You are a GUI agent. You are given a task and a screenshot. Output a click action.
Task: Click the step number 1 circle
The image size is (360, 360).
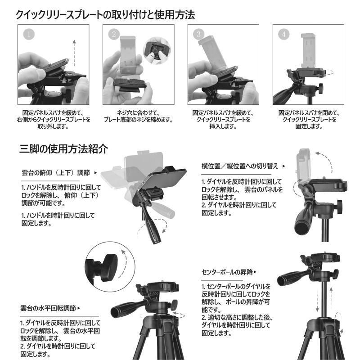(x=29, y=34)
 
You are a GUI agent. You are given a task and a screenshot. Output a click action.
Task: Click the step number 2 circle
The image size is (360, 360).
(x=114, y=34)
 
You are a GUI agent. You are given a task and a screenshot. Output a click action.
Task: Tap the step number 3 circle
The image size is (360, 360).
(x=199, y=34)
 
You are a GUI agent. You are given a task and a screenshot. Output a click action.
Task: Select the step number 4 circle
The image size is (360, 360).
(x=284, y=34)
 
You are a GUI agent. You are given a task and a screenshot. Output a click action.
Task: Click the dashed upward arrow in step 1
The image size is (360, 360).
(x=74, y=53)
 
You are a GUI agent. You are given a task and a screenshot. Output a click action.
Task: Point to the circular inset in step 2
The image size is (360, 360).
(x=157, y=51)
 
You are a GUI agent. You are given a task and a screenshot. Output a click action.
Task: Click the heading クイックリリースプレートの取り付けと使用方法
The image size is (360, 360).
(x=105, y=15)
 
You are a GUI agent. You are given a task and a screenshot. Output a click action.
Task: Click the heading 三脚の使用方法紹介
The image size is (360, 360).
(x=63, y=149)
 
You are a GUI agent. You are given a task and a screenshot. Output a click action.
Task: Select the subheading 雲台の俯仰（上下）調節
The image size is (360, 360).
(x=55, y=173)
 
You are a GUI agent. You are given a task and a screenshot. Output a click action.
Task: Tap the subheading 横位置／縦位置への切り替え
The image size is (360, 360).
(x=240, y=166)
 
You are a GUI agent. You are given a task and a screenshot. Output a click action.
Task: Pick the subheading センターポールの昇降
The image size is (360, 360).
(x=227, y=272)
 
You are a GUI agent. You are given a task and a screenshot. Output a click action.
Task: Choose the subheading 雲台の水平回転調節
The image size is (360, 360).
(x=48, y=308)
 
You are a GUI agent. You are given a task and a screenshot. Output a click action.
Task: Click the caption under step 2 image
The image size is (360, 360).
(x=138, y=116)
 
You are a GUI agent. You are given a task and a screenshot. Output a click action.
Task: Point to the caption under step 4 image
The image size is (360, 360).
(x=309, y=119)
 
